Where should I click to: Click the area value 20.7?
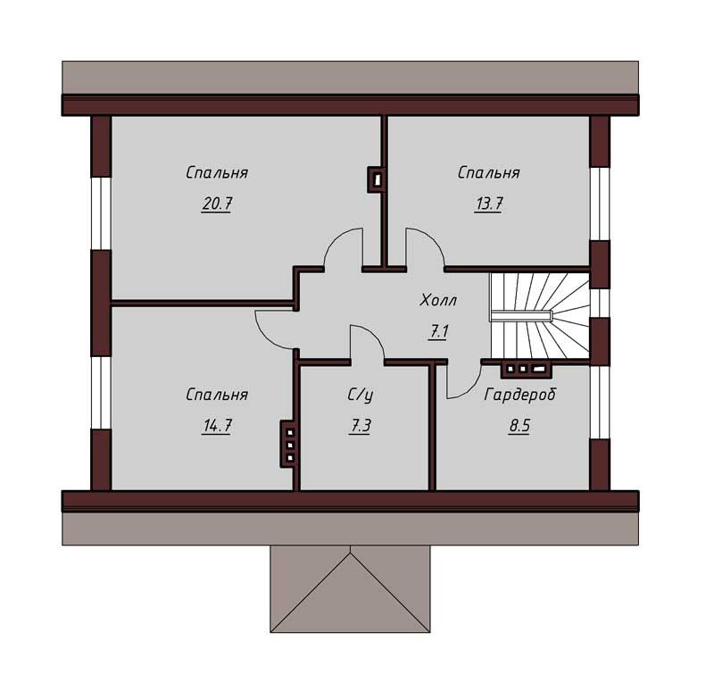click(x=217, y=204)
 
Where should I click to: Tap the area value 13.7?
click(x=488, y=204)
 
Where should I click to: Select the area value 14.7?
click(x=217, y=426)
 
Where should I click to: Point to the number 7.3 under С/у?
click(x=360, y=426)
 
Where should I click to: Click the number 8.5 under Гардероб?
click(x=519, y=426)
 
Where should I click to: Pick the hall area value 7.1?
click(x=438, y=331)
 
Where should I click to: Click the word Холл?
click(x=438, y=301)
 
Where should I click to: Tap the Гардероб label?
click(x=520, y=395)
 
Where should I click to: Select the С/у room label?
click(x=360, y=395)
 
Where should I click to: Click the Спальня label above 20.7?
click(x=217, y=172)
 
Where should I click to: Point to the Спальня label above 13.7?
click(x=488, y=172)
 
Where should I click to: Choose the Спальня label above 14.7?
click(x=217, y=395)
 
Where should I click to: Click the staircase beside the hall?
click(x=540, y=316)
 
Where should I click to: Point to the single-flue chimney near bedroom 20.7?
click(x=376, y=179)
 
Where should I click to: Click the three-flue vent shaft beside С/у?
click(x=288, y=444)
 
